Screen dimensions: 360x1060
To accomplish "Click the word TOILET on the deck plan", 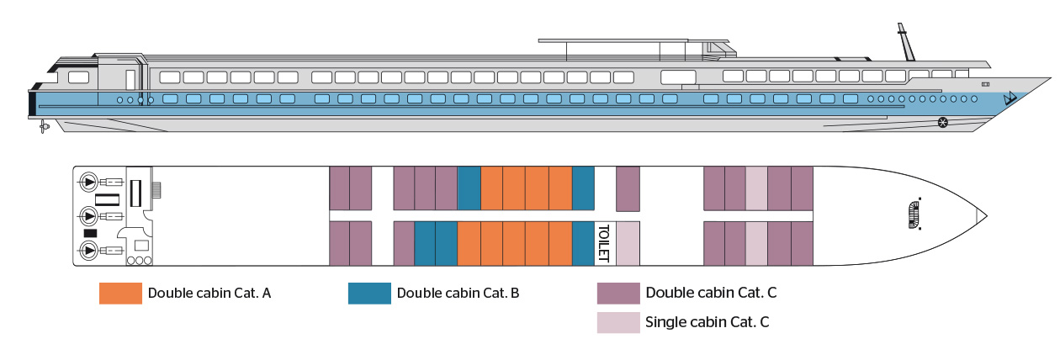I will click(x=602, y=243).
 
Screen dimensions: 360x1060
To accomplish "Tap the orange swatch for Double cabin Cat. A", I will click(x=120, y=293).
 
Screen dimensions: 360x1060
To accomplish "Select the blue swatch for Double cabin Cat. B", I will click(x=369, y=293).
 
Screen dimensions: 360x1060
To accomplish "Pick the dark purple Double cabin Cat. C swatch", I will click(x=618, y=293).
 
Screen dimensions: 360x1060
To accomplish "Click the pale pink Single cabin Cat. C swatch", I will click(x=618, y=322).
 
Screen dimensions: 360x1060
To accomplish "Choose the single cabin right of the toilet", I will click(x=628, y=243).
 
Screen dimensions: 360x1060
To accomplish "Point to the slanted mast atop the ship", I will click(x=906, y=42).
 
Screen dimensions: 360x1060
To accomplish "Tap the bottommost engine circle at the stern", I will click(x=87, y=250).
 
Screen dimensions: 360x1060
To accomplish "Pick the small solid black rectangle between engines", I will click(x=91, y=232).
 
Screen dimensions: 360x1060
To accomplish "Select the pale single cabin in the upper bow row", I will click(x=756, y=188).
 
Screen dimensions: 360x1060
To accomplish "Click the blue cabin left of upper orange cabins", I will click(x=469, y=188).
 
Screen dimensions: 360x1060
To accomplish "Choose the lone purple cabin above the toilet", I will click(x=628, y=188).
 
